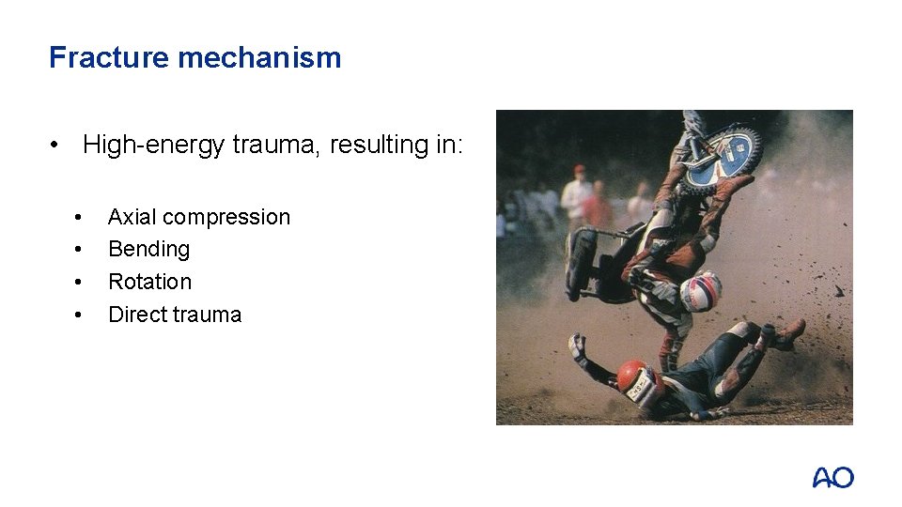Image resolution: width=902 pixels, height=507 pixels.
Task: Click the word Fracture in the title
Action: [109, 58]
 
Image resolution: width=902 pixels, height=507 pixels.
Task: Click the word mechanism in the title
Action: [259, 58]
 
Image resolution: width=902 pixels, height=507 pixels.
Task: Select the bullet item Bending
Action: [148, 250]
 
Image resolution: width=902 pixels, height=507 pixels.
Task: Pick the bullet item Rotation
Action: [149, 282]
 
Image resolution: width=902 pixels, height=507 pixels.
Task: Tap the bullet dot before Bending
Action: [80, 250]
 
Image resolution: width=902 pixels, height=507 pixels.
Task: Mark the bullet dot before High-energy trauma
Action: [58, 146]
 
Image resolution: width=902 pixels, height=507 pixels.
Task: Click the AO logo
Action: [832, 477]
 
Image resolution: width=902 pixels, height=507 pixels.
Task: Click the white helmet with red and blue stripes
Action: [700, 291]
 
